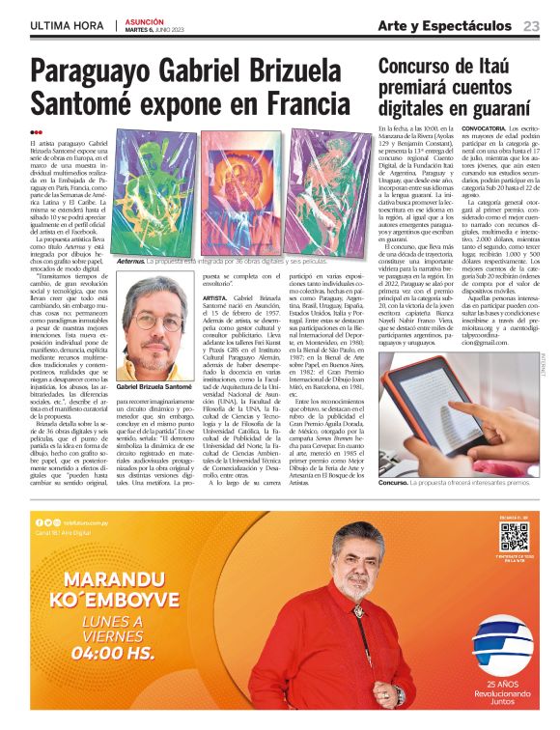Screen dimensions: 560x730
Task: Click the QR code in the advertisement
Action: pos(514,536)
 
